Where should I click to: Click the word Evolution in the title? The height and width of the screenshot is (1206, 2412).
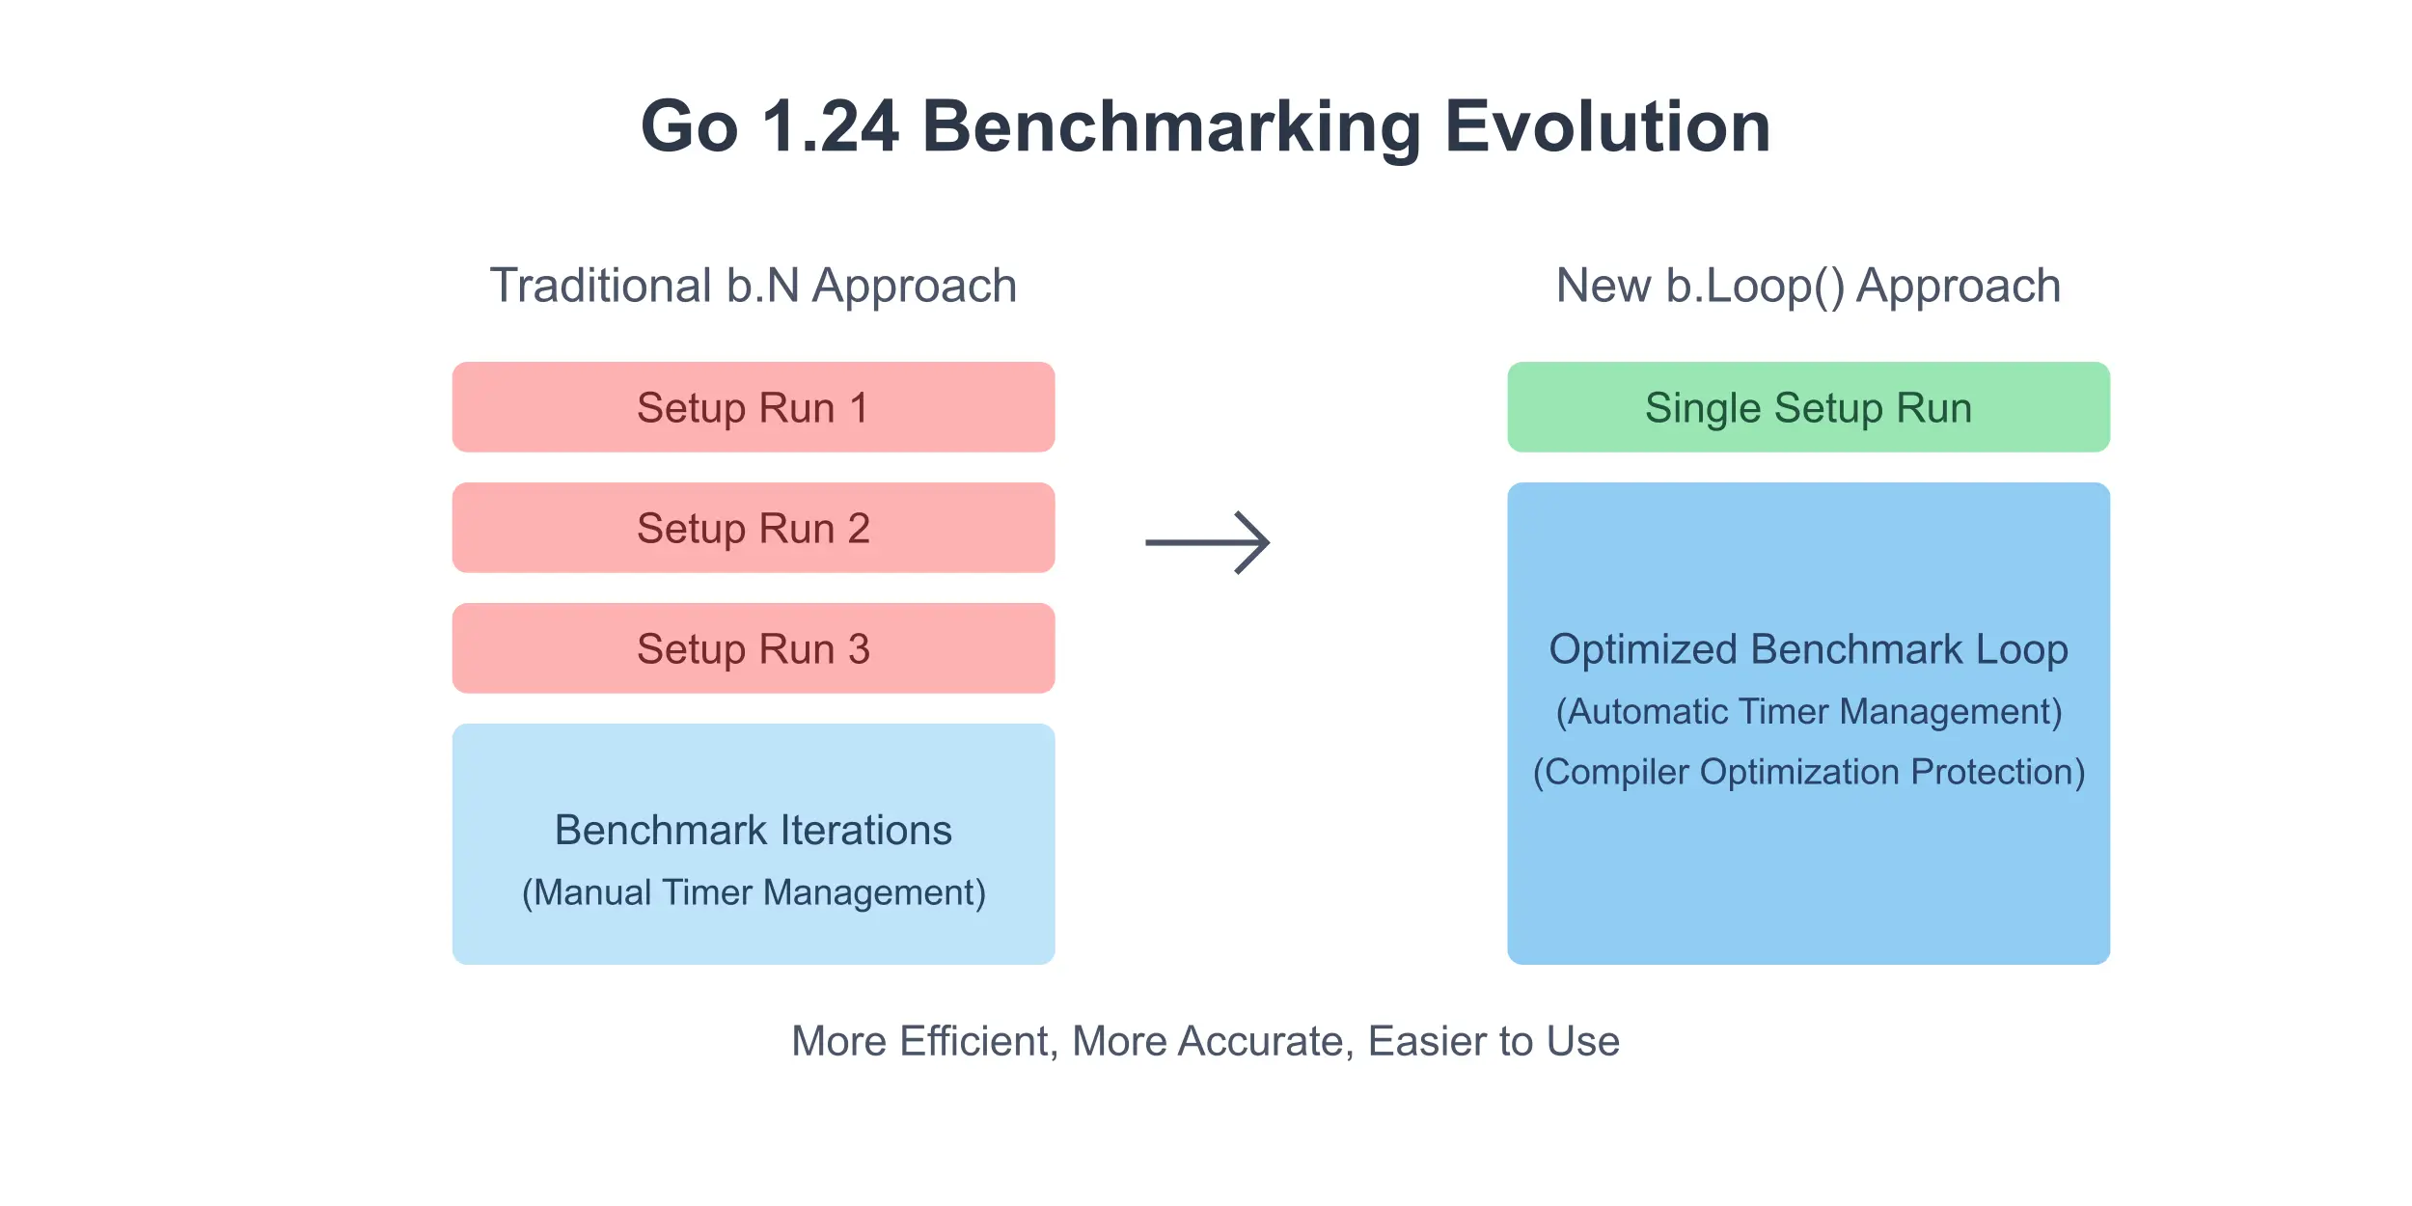1607,126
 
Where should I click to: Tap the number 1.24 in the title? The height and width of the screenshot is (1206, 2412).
830,126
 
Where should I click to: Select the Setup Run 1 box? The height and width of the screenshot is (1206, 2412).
754,407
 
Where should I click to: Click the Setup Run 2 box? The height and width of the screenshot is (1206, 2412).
754,528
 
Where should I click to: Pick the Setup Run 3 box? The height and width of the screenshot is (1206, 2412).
754,648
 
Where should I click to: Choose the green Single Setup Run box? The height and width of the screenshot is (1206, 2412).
1809,407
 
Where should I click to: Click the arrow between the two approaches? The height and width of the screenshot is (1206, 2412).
1207,542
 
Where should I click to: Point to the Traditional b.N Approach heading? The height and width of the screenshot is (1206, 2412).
754,286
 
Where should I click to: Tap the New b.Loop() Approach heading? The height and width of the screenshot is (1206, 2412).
1809,286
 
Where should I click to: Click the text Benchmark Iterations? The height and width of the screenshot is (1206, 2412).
754,830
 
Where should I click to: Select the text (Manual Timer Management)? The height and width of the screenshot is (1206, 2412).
754,892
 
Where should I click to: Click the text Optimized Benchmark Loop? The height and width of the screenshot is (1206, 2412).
1809,649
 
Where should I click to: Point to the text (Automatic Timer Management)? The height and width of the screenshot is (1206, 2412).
1809,711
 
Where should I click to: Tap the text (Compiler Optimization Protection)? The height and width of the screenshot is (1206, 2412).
1809,772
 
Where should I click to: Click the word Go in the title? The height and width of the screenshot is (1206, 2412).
690,126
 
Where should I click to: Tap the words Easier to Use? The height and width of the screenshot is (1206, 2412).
1494,1042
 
